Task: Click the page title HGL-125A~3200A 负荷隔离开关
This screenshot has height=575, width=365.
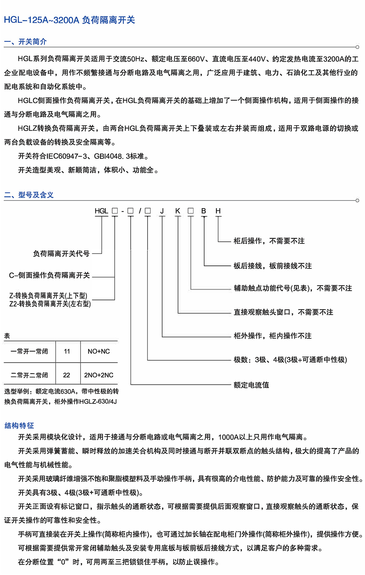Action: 69,20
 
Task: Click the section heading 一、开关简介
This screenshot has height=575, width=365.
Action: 25,42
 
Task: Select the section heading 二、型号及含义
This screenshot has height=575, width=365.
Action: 29,195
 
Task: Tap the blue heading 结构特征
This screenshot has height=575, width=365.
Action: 19,426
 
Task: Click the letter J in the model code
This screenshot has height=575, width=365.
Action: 162,211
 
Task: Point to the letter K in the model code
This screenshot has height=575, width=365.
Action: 178,211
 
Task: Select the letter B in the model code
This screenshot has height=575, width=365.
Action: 204,211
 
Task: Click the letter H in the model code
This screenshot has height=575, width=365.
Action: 218,211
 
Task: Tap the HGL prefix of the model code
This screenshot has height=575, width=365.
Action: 101,211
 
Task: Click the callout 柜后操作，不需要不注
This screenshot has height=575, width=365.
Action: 269,241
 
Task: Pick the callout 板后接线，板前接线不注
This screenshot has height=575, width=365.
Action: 273,266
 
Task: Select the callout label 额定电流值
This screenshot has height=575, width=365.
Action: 251,385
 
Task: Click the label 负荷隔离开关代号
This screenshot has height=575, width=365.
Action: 61,254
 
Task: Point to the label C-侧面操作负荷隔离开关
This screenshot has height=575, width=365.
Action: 50,276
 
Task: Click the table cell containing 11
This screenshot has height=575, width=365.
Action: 67,351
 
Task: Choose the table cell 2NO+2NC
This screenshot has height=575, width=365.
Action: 99,375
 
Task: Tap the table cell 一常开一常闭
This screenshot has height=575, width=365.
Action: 29,351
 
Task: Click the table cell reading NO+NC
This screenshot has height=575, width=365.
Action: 99,351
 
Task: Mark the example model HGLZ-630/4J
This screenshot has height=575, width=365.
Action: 98,402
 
